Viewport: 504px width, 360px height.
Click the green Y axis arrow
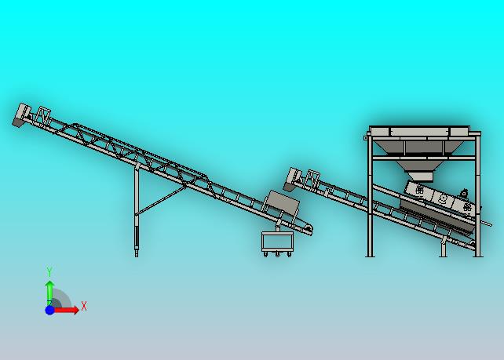point(49,292)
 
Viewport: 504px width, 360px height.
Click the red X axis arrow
point(66,310)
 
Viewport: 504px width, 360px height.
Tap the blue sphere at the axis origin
point(49,311)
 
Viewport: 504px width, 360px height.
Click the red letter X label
point(84,306)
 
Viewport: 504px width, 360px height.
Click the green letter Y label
point(49,271)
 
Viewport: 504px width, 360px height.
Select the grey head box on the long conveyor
point(22,115)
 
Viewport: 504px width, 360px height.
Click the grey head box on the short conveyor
point(292,179)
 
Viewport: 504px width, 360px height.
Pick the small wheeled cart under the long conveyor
point(277,244)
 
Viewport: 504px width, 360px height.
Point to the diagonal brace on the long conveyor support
point(161,201)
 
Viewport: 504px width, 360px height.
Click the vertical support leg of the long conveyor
point(137,210)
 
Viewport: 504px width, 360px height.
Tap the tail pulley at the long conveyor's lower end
point(309,229)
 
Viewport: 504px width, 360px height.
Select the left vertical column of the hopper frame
point(370,196)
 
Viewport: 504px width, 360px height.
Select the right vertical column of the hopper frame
point(478,196)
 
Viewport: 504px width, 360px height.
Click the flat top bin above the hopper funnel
point(420,131)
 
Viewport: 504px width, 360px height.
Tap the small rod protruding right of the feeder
point(486,222)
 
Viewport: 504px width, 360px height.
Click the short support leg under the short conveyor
point(444,246)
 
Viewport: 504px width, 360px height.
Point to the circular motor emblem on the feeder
point(442,198)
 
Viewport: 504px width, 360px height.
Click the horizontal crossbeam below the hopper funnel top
point(424,158)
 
